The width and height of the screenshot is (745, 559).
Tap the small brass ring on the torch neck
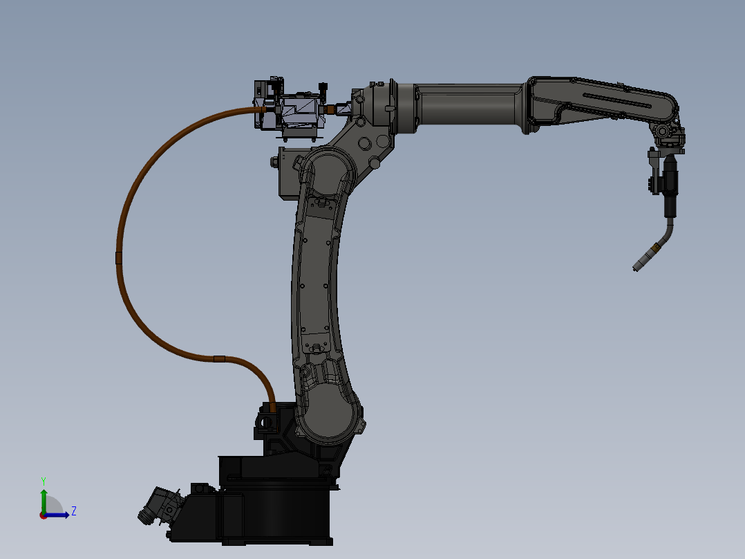pyautogui.click(x=654, y=247)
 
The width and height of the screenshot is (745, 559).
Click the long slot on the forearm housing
pyautogui.click(x=619, y=100)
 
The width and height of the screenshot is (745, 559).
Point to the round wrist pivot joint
pyautogui.click(x=663, y=131)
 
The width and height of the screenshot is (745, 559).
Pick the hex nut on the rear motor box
pyautogui.click(x=274, y=163)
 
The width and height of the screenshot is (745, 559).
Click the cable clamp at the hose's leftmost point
pyautogui.click(x=118, y=258)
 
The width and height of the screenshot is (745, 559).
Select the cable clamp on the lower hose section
pyautogui.click(x=219, y=358)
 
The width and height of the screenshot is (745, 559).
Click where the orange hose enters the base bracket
pyautogui.click(x=272, y=407)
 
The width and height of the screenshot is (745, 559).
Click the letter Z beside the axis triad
pyautogui.click(x=73, y=511)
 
